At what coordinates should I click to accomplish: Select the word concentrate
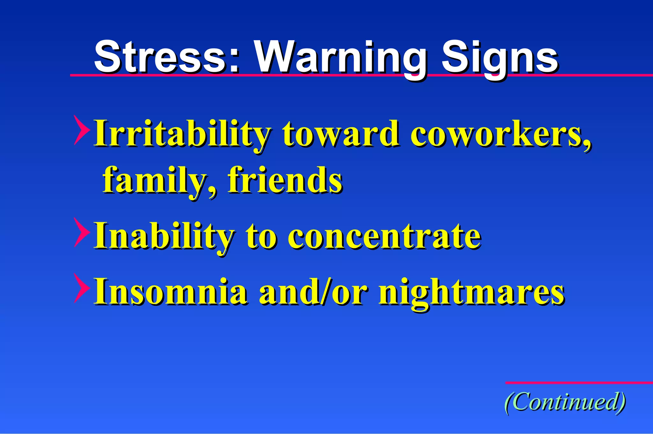(x=385, y=236)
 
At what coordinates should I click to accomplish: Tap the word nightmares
(x=472, y=292)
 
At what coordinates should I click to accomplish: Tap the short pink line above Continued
(x=579, y=382)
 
